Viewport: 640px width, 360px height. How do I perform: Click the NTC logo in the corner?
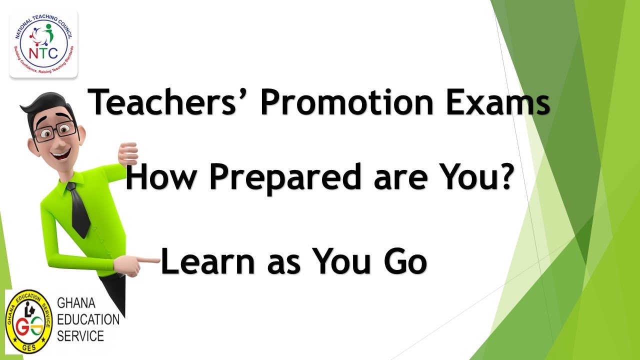click(43, 44)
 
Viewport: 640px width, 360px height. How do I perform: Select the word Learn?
click(209, 262)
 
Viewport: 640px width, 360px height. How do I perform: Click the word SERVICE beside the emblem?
click(80, 335)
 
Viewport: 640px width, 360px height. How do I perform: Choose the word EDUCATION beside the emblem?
click(88, 319)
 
